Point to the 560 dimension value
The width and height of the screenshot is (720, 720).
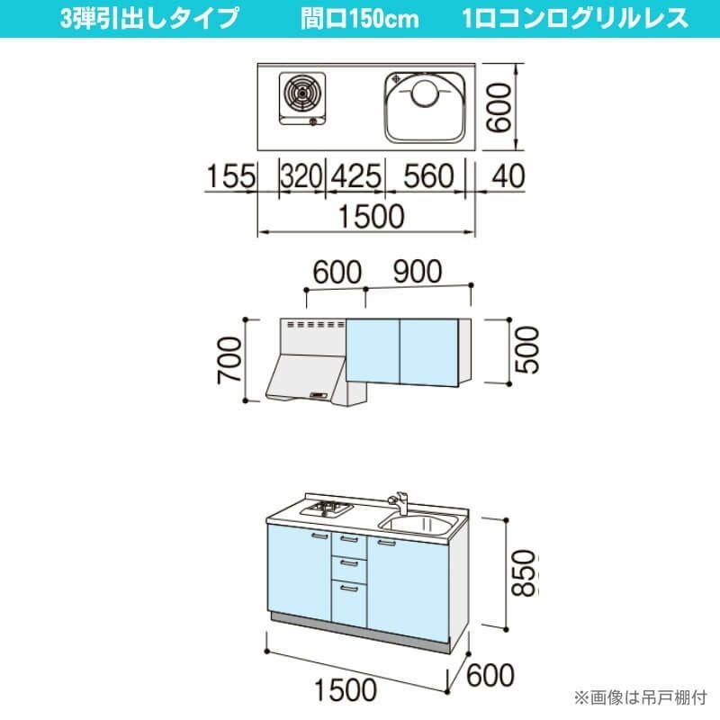click(427, 177)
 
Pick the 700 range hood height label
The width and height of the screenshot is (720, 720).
click(230, 359)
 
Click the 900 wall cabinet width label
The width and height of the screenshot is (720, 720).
click(417, 272)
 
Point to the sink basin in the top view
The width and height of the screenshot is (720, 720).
click(427, 105)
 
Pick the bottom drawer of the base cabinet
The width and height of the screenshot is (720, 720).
click(349, 599)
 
